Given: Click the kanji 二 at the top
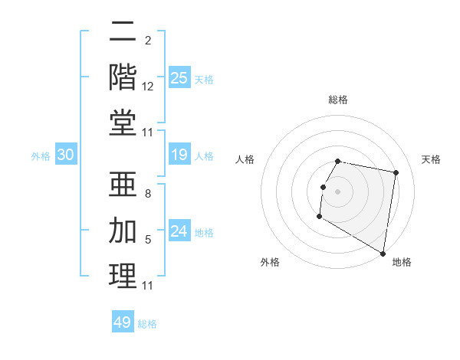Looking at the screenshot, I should tap(123, 33).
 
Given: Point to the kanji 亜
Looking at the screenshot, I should tap(123, 185).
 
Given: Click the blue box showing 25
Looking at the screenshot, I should tap(179, 77).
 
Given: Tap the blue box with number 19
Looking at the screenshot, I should tap(179, 155).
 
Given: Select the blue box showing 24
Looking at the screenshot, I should tap(179, 232).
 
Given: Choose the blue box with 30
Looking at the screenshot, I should tap(66, 155).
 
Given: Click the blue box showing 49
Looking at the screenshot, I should tap(123, 322).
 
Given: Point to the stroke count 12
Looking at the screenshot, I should tap(148, 89).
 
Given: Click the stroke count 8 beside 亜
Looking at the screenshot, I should tap(148, 195).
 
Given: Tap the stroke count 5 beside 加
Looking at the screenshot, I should tap(148, 240).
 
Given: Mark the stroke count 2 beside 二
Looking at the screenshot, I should tap(148, 40).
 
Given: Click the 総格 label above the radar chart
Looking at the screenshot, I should tap(338, 100).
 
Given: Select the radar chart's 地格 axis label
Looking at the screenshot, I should tap(402, 262).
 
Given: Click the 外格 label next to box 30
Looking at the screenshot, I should tap(41, 156).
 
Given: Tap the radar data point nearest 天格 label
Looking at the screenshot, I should tap(396, 173).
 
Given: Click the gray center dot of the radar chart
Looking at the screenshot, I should tap(337, 191).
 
